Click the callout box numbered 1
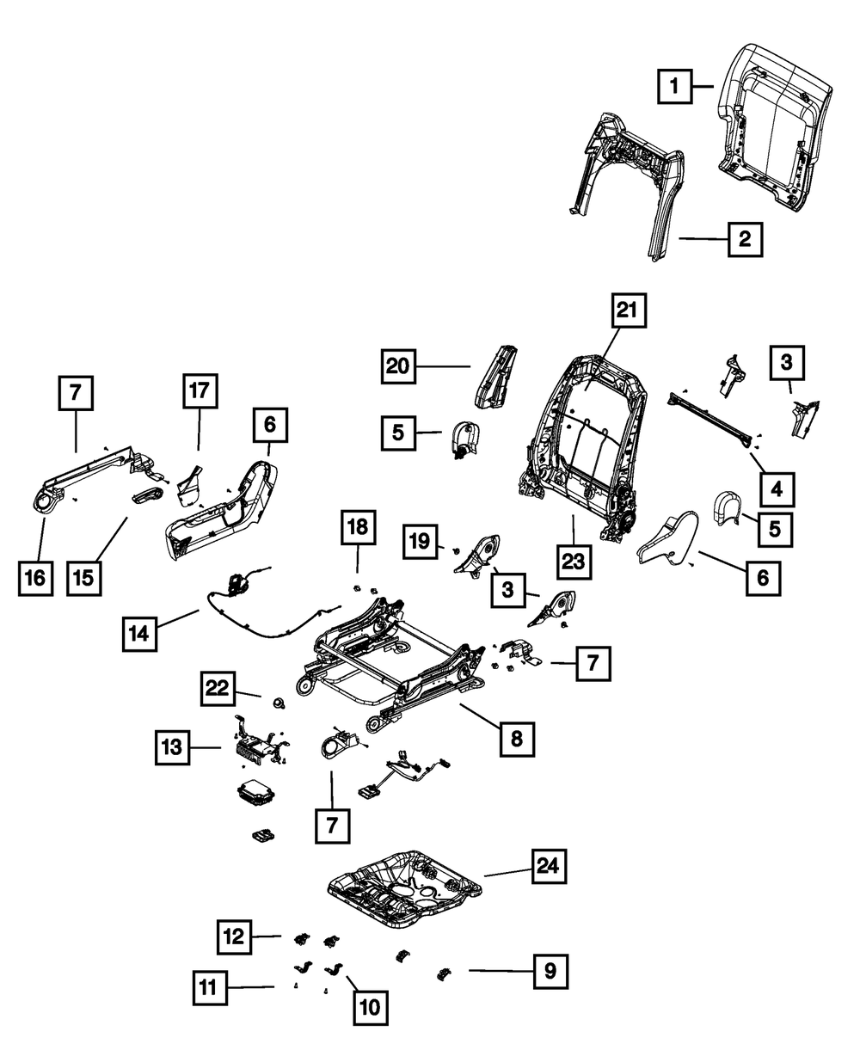click(675, 86)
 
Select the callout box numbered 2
click(744, 240)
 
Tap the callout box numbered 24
click(547, 867)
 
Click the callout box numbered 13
click(174, 747)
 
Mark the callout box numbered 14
click(139, 635)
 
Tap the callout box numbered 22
click(220, 689)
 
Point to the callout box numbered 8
click(516, 737)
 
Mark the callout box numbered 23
click(574, 562)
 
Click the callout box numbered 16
click(35, 578)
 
